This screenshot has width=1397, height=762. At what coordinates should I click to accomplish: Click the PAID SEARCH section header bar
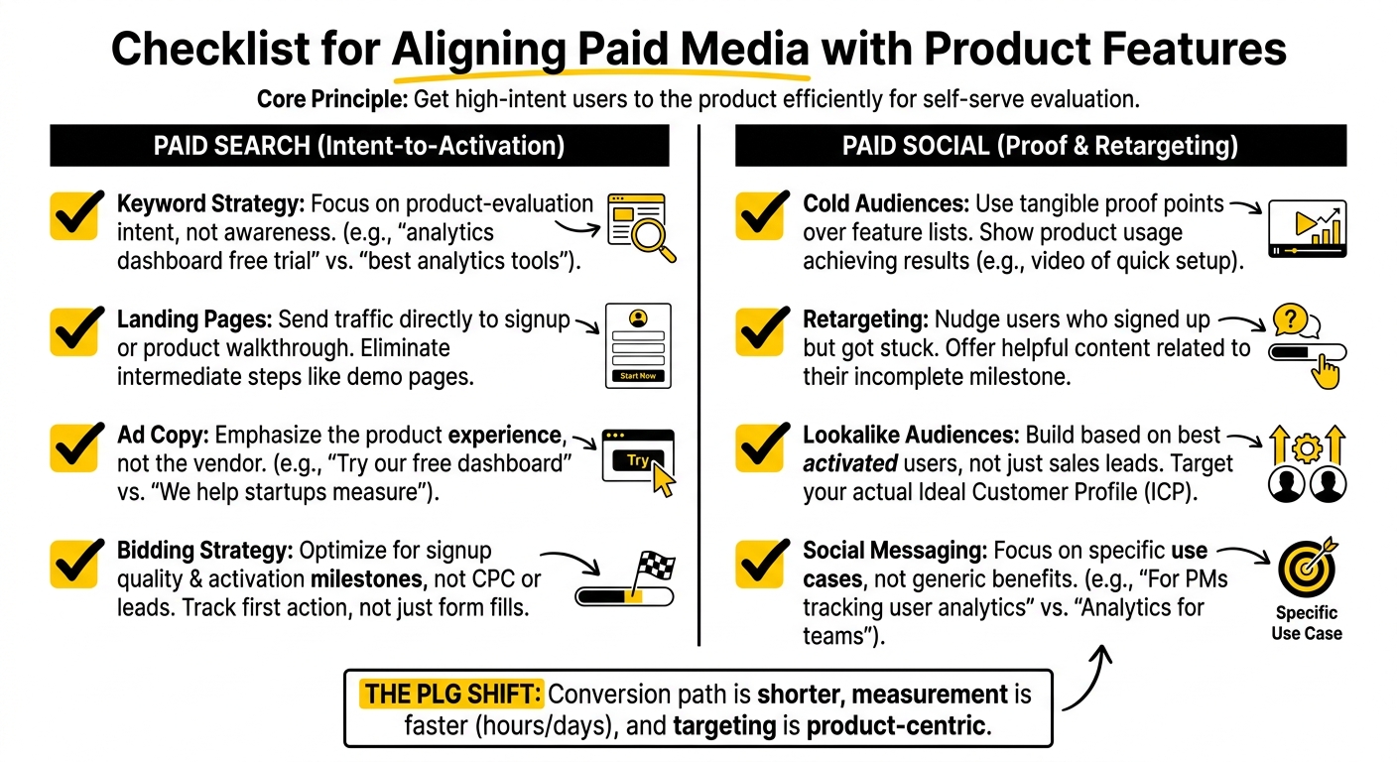pyautogui.click(x=359, y=146)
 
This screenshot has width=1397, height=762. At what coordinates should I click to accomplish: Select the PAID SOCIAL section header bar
pyautogui.click(x=1040, y=146)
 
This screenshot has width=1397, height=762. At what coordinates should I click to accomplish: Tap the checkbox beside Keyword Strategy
pyautogui.click(x=76, y=215)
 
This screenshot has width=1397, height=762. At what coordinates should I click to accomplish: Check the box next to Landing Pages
pyautogui.click(x=76, y=331)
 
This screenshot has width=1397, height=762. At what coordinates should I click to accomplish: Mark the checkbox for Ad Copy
pyautogui.click(x=76, y=446)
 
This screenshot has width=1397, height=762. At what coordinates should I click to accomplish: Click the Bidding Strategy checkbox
pyautogui.click(x=76, y=562)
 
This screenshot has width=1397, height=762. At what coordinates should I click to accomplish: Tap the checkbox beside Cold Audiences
pyautogui.click(x=761, y=215)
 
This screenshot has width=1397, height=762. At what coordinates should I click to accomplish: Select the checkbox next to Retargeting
pyautogui.click(x=761, y=331)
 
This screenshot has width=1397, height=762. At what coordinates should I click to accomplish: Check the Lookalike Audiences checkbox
pyautogui.click(x=761, y=446)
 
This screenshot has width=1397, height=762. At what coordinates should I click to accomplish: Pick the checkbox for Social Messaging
pyautogui.click(x=761, y=562)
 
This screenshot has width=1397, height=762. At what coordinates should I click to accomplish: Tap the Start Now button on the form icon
pyautogui.click(x=638, y=376)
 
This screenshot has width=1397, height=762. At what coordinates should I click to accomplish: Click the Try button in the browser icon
pyautogui.click(x=638, y=460)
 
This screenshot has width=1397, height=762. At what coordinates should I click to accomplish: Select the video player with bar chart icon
pyautogui.click(x=1307, y=228)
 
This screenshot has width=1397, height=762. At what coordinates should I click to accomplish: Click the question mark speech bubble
pyautogui.click(x=1289, y=318)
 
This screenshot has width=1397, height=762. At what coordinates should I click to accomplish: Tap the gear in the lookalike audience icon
pyautogui.click(x=1306, y=448)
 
